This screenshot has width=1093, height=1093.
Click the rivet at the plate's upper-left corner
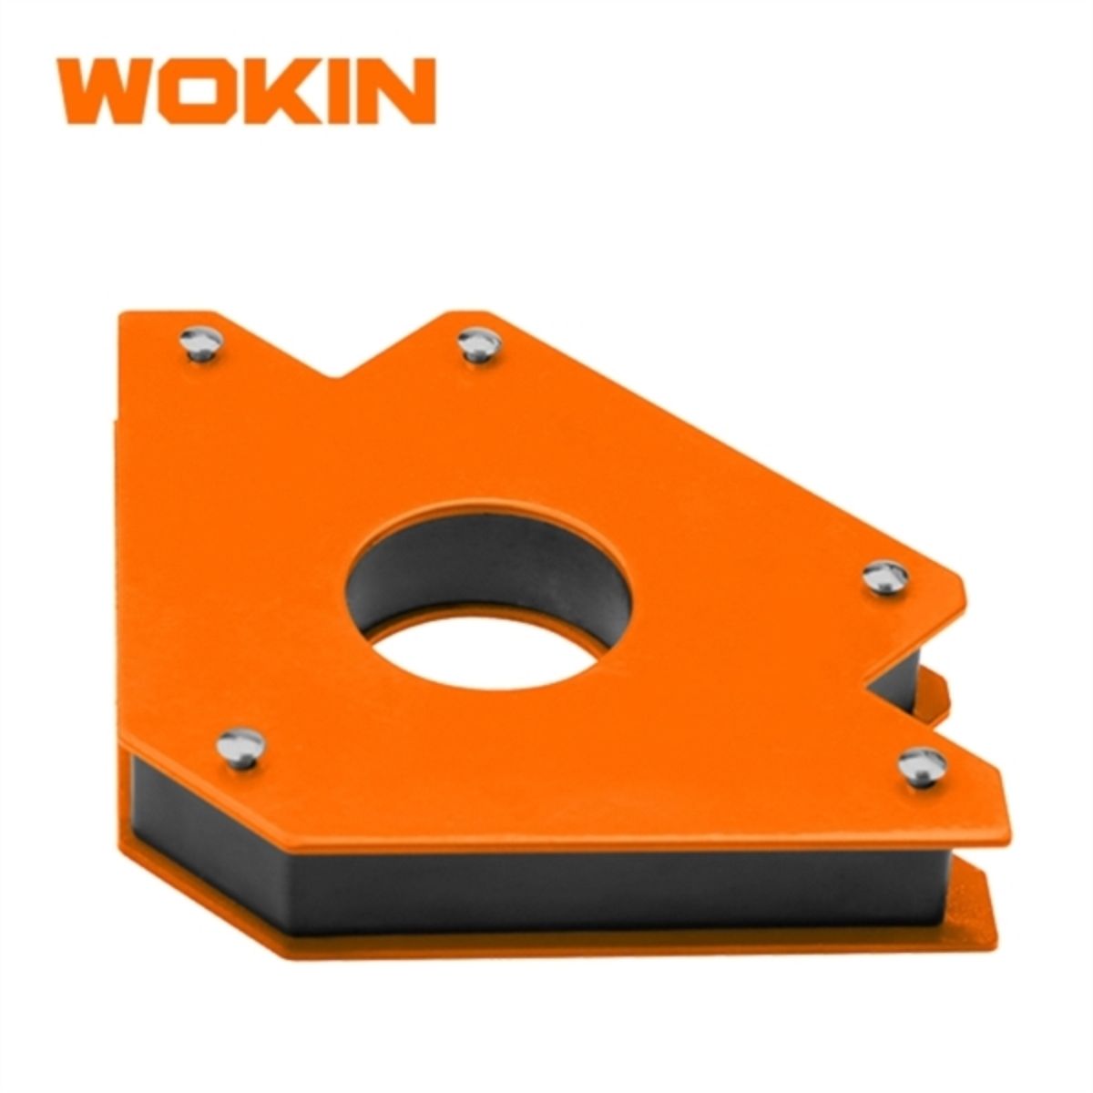pos(200,344)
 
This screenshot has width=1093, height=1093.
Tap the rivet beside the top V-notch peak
pos(479,345)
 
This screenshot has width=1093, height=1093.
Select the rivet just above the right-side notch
pos(884,577)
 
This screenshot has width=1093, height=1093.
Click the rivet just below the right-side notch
pos(922,765)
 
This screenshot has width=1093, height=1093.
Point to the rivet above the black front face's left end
pos(240,747)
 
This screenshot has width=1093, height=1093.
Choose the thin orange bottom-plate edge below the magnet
pos(546,944)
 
